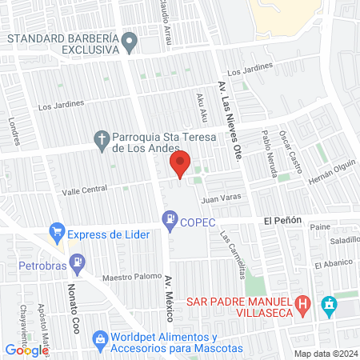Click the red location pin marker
click(x=180, y=164)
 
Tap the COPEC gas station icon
click(x=170, y=219)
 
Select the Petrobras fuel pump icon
click(x=76, y=261)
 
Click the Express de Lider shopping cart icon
click(x=57, y=234)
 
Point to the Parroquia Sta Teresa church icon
click(x=102, y=141)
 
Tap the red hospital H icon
click(x=302, y=304)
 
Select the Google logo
click(x=26, y=350)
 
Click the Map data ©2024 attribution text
click(x=325, y=354)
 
